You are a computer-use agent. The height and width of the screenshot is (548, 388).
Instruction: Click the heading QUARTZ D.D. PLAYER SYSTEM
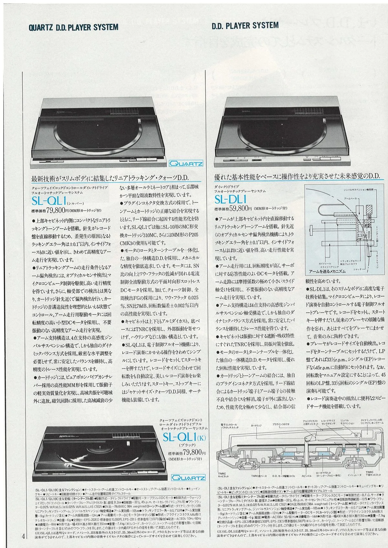click(x=73, y=27)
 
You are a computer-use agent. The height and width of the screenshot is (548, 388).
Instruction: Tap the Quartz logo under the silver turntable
click(x=187, y=164)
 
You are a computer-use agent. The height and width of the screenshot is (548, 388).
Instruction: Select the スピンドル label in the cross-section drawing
click(x=306, y=476)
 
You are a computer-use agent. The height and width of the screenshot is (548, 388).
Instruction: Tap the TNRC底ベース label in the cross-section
click(x=259, y=476)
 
